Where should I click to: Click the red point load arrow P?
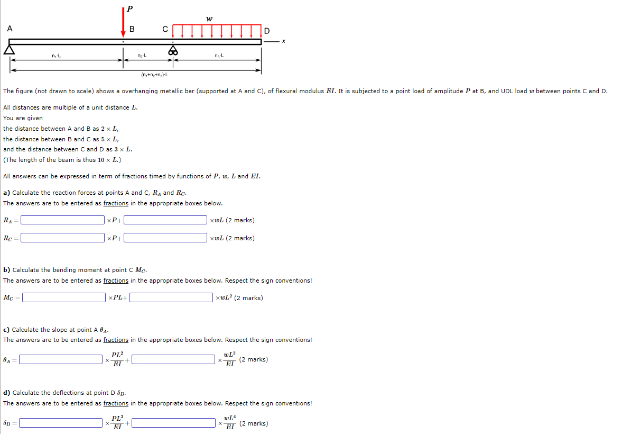[x=123, y=22]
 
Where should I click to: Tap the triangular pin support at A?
[x=9, y=49]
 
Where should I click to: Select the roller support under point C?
[x=173, y=50]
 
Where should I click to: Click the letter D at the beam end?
[x=266, y=31]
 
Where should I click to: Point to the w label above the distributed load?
[x=209, y=19]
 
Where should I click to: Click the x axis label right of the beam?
[x=284, y=41]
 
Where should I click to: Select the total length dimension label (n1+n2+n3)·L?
[x=155, y=75]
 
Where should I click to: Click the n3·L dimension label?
[x=219, y=56]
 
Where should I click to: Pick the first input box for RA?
[x=63, y=220]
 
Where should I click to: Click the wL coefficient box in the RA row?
[x=165, y=220]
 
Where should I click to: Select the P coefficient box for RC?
[x=63, y=238]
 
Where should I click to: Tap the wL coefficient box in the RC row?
[x=165, y=238]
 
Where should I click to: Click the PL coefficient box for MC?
[x=64, y=297]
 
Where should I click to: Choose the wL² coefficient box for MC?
[x=171, y=297]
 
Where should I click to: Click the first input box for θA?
[x=61, y=359]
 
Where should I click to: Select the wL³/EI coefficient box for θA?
[x=173, y=359]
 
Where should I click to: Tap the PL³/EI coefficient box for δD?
[x=61, y=423]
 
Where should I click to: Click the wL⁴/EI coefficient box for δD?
[x=173, y=423]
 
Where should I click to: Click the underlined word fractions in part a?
[x=116, y=203]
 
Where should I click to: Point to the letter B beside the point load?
[x=132, y=29]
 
